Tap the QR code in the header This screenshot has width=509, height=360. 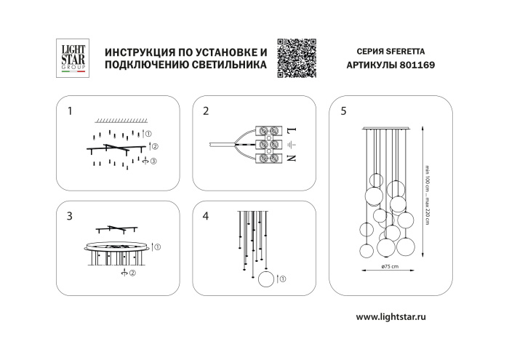click(x=297, y=56)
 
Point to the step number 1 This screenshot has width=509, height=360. click(x=70, y=112)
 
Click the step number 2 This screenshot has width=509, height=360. click(x=206, y=112)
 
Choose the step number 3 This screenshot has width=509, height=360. click(x=70, y=216)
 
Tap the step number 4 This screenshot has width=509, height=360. click(x=206, y=216)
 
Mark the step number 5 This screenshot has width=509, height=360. click(x=343, y=112)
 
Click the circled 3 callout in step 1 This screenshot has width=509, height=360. click(x=153, y=160)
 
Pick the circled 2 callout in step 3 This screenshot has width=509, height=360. click(x=132, y=273)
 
